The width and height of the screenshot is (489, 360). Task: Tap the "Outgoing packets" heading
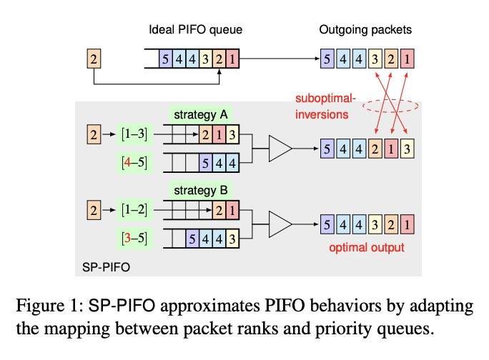point(365,30)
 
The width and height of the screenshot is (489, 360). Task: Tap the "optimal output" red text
point(367,248)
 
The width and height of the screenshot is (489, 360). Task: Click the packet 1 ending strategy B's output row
point(407,224)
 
